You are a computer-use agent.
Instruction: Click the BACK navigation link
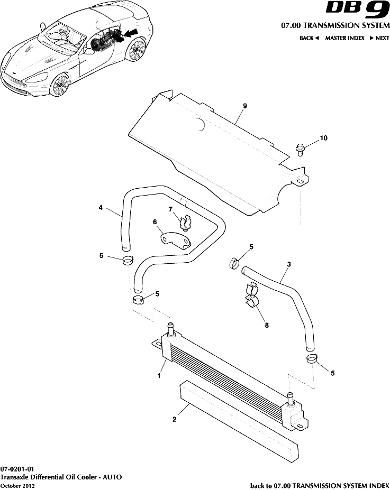pyautogui.click(x=309, y=38)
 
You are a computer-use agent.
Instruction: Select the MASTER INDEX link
pyautogui.click(x=344, y=38)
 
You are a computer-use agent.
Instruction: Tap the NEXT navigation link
pyautogui.click(x=379, y=38)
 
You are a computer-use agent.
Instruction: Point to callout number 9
pyautogui.click(x=245, y=106)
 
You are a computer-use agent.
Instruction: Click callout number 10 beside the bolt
pyautogui.click(x=323, y=138)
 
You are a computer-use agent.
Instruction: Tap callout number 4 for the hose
pyautogui.click(x=101, y=208)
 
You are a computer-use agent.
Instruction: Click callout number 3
pyautogui.click(x=288, y=264)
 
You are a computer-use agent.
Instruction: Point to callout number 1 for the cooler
pyautogui.click(x=158, y=376)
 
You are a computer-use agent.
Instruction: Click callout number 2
pyautogui.click(x=174, y=419)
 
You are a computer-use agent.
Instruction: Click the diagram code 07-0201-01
pyautogui.click(x=17, y=469)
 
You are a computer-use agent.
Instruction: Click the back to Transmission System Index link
pyautogui.click(x=319, y=485)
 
